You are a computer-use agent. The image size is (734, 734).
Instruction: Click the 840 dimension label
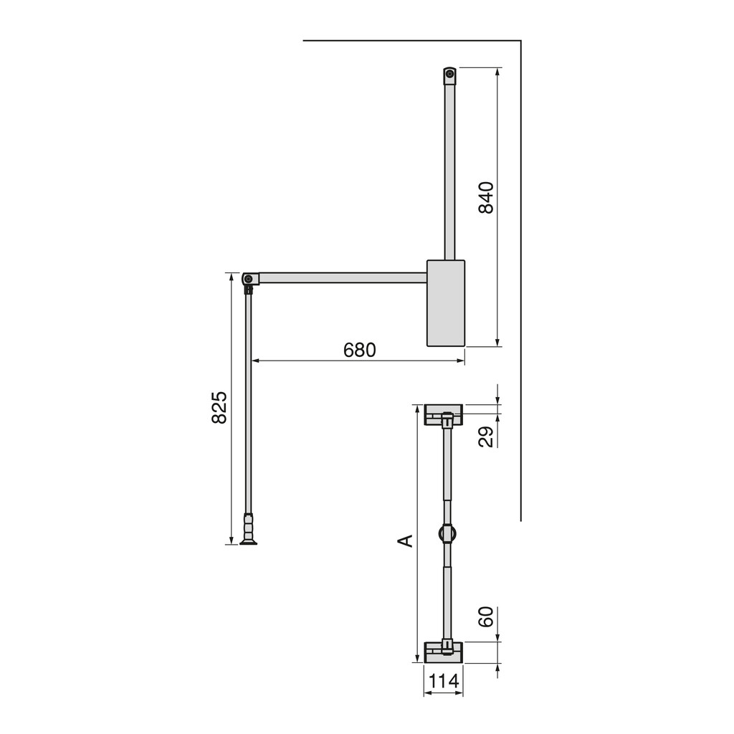[486, 198]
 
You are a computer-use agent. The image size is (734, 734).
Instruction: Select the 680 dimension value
[359, 350]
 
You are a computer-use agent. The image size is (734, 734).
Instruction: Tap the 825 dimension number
[219, 407]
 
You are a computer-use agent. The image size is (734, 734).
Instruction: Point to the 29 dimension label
[486, 437]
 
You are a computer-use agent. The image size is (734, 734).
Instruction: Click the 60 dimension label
[486, 617]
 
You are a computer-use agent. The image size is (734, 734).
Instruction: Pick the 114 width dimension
[443, 681]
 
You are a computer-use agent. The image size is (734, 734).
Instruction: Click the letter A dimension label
[406, 540]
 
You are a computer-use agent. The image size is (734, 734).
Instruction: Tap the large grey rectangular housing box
[446, 302]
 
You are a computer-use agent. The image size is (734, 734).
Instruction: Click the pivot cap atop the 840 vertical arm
[449, 75]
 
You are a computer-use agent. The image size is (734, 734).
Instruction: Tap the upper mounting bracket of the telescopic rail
[444, 414]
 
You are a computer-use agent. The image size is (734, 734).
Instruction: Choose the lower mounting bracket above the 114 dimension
[444, 652]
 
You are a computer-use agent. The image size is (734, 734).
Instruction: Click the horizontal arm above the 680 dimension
[343, 277]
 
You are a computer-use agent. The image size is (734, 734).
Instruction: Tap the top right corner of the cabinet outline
[520, 41]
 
